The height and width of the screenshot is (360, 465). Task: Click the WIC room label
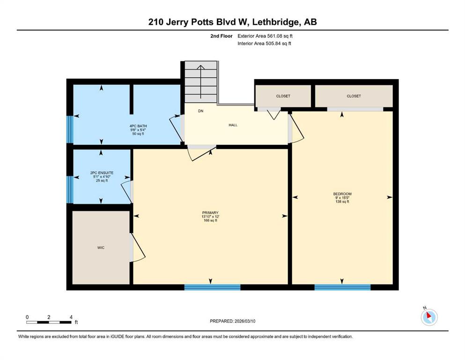(x=101, y=247)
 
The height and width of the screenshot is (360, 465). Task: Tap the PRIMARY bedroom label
(x=210, y=212)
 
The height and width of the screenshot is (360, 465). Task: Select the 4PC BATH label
(x=138, y=126)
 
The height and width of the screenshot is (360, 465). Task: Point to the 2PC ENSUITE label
(x=102, y=172)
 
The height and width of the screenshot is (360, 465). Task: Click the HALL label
(x=233, y=125)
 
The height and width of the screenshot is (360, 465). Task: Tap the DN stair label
(x=201, y=111)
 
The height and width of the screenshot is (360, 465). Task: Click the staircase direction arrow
(x=201, y=82)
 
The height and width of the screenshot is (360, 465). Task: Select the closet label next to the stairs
(x=283, y=96)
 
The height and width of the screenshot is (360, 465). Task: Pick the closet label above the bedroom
(x=354, y=96)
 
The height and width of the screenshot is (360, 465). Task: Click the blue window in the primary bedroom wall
(x=212, y=287)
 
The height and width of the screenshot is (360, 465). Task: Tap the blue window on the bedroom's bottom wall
(x=342, y=287)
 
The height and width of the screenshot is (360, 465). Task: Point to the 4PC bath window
(x=70, y=129)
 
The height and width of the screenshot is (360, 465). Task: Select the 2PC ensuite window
(x=70, y=190)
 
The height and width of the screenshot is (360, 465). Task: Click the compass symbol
(x=429, y=317)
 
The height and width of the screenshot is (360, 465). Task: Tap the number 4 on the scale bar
(x=71, y=317)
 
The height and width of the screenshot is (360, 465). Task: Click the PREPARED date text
(x=232, y=321)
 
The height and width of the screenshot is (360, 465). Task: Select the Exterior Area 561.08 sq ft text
(x=265, y=36)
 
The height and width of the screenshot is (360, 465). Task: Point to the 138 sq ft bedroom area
(x=342, y=202)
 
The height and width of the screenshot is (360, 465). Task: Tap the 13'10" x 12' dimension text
(x=210, y=217)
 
